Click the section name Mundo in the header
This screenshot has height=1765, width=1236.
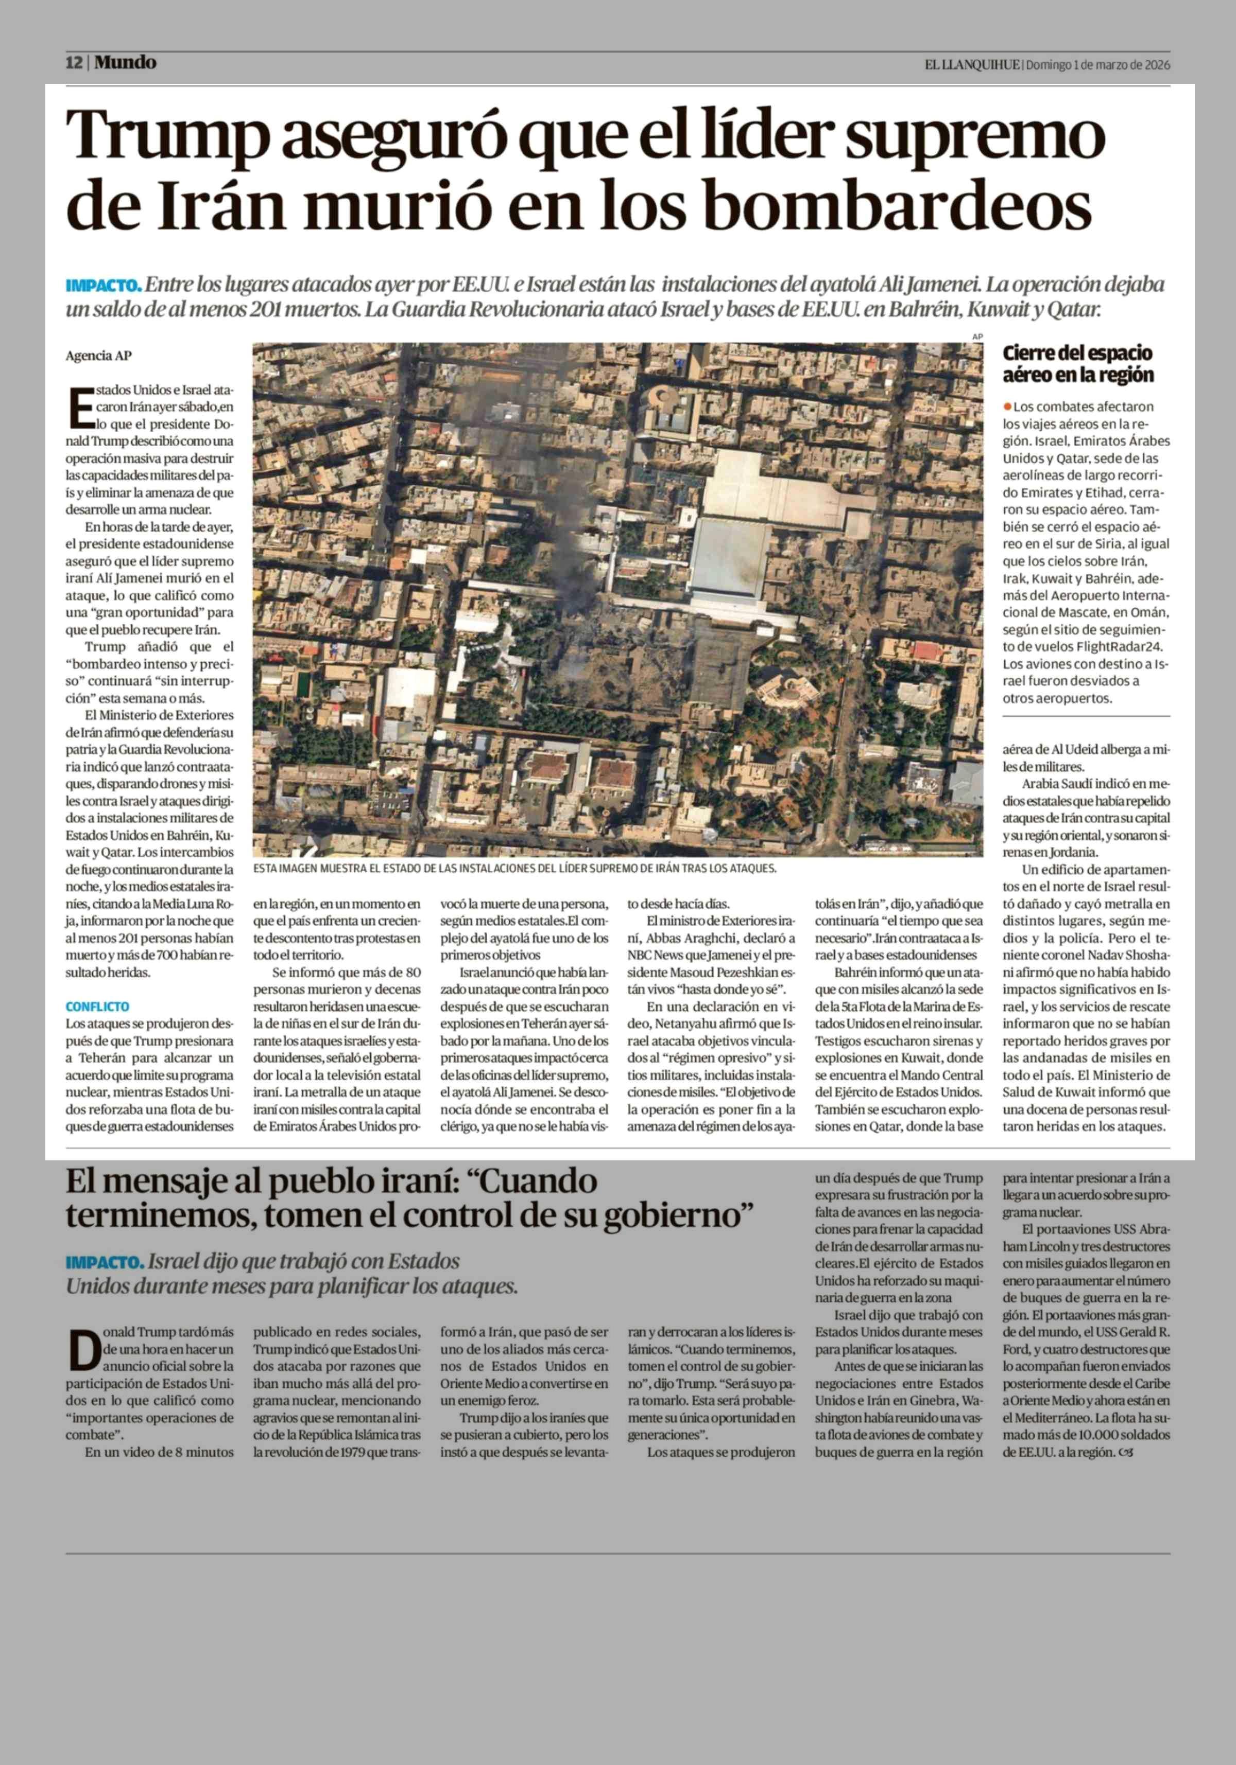tap(125, 63)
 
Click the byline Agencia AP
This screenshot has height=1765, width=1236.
tap(98, 356)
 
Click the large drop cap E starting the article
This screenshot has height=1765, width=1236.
tap(80, 407)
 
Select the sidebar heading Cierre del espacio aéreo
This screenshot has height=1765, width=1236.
tap(1077, 364)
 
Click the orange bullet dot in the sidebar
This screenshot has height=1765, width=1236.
tap(1007, 406)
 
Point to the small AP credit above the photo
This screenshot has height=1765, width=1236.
tap(977, 337)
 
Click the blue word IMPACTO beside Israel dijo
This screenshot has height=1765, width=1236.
tap(105, 1262)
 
